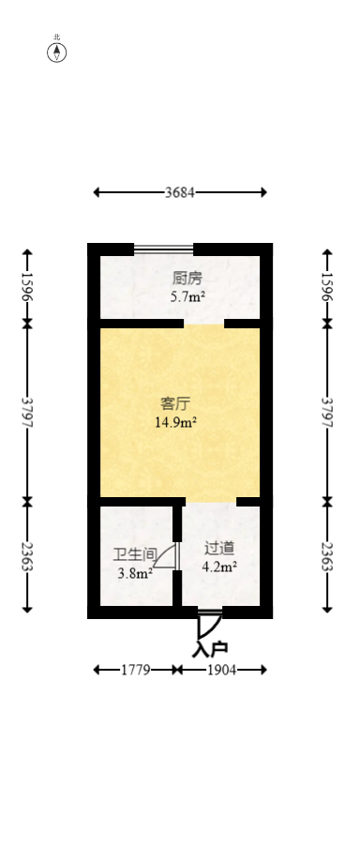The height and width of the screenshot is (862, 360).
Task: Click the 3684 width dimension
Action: pyautogui.click(x=180, y=193)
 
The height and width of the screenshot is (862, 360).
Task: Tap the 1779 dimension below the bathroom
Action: pyautogui.click(x=136, y=670)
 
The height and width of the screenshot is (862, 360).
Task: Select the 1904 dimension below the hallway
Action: pyautogui.click(x=222, y=670)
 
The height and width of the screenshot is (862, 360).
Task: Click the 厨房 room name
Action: pyautogui.click(x=187, y=279)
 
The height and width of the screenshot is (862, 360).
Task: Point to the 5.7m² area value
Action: pyautogui.click(x=187, y=297)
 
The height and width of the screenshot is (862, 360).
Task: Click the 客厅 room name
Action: pyautogui.click(x=175, y=404)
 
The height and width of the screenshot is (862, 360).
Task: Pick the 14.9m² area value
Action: pyautogui.click(x=175, y=422)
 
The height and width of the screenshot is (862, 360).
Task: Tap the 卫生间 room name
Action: pyautogui.click(x=129, y=553)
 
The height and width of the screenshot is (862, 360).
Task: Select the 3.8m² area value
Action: pyautogui.click(x=135, y=573)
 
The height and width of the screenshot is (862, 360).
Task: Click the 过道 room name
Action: pyautogui.click(x=219, y=547)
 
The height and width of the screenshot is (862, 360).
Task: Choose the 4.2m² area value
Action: pyautogui.click(x=219, y=566)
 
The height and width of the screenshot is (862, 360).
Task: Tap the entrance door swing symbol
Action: pyautogui.click(x=209, y=625)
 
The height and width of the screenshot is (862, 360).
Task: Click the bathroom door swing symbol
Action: pyautogui.click(x=166, y=556)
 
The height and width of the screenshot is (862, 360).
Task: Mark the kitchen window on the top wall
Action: pyautogui.click(x=163, y=250)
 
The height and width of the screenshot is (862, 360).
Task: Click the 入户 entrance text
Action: pyautogui.click(x=210, y=648)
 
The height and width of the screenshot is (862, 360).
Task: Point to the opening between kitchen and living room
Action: pyautogui.click(x=203, y=324)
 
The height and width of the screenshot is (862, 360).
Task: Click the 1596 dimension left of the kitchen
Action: pyautogui.click(x=27, y=287)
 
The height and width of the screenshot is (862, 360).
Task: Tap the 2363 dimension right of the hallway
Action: pyautogui.click(x=327, y=558)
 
